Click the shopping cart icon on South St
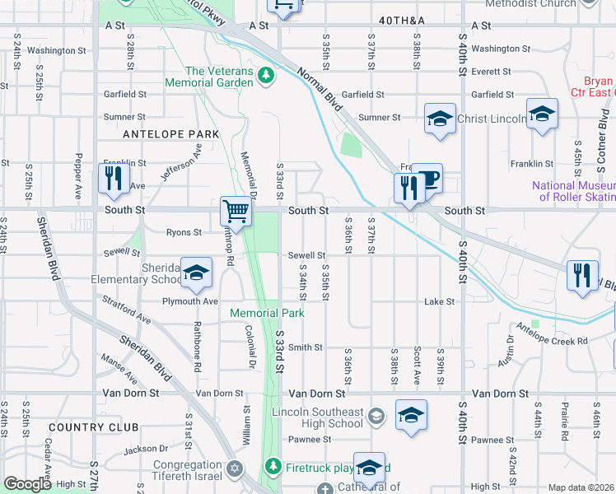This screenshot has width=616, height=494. tap(236, 212)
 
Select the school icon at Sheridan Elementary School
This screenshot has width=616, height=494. tap(196, 274)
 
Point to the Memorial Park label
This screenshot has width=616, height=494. tap(267, 313)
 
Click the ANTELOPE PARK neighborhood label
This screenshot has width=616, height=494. tap(170, 133)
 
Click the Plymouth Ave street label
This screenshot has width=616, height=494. tap(189, 301)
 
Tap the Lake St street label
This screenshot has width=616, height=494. tap(439, 302)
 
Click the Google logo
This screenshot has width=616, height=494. tap(26, 484)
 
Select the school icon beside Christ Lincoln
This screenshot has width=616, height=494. tap(440, 119)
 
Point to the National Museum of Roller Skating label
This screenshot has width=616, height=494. tap(573, 191)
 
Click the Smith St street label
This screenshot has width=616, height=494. tap(305, 347)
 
